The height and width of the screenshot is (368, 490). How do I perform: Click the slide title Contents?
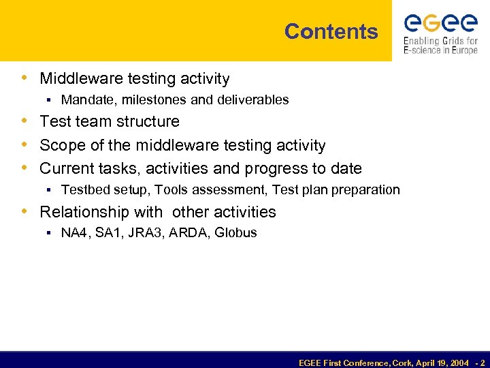tap(331, 31)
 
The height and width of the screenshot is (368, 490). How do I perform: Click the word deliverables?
tap(252, 100)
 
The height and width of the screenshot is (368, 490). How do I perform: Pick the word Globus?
tap(235, 233)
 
